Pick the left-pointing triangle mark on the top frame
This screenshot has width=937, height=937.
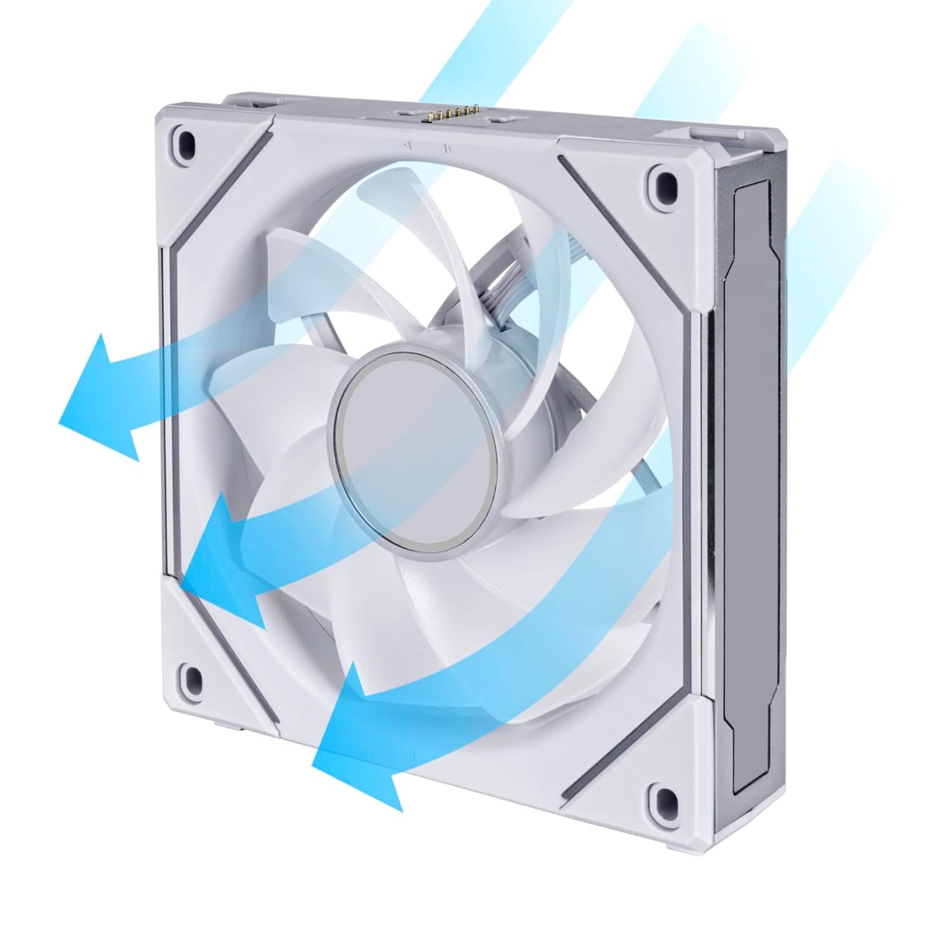coord(405,147)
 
